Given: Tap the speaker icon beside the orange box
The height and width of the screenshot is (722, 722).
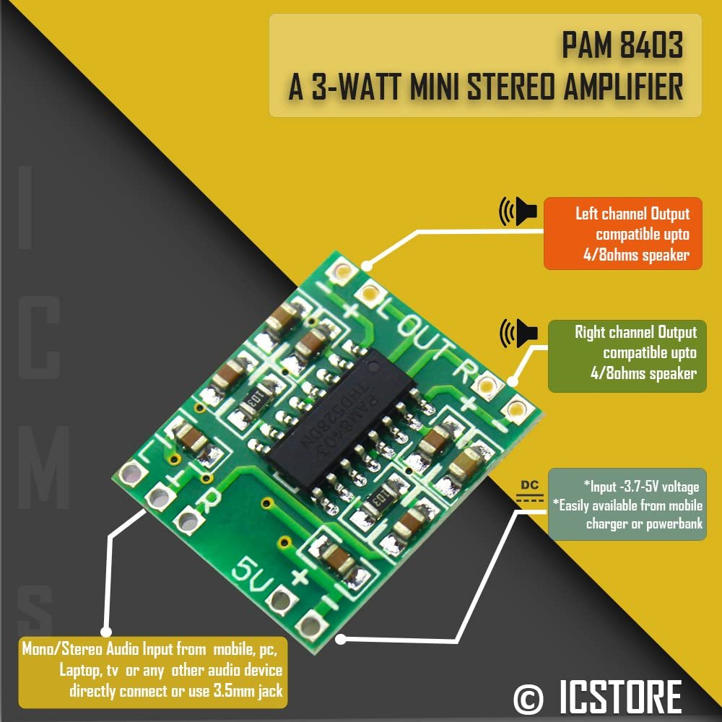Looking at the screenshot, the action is coord(518,212).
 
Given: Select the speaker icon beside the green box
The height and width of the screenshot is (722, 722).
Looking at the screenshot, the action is coord(518,333).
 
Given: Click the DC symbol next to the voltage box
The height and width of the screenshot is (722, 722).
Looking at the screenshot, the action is coord(529,491).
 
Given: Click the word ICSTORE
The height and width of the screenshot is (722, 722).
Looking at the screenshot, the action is coord(621,697).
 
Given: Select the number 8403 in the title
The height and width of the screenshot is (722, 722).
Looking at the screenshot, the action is coord(651,45).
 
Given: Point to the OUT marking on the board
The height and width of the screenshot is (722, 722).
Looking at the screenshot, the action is coord(425,341).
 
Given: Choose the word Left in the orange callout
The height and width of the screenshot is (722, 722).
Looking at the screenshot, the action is coord(587,214).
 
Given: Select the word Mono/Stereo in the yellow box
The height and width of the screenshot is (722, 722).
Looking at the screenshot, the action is coord(63,649).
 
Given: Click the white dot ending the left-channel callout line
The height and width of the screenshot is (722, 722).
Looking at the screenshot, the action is coord(366,266).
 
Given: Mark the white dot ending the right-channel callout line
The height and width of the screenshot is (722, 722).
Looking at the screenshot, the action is coord(513,381).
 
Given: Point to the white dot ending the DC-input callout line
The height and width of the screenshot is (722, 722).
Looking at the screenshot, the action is coord(341,639).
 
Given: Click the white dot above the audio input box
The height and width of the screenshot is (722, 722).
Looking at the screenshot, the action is coord(106,631).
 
